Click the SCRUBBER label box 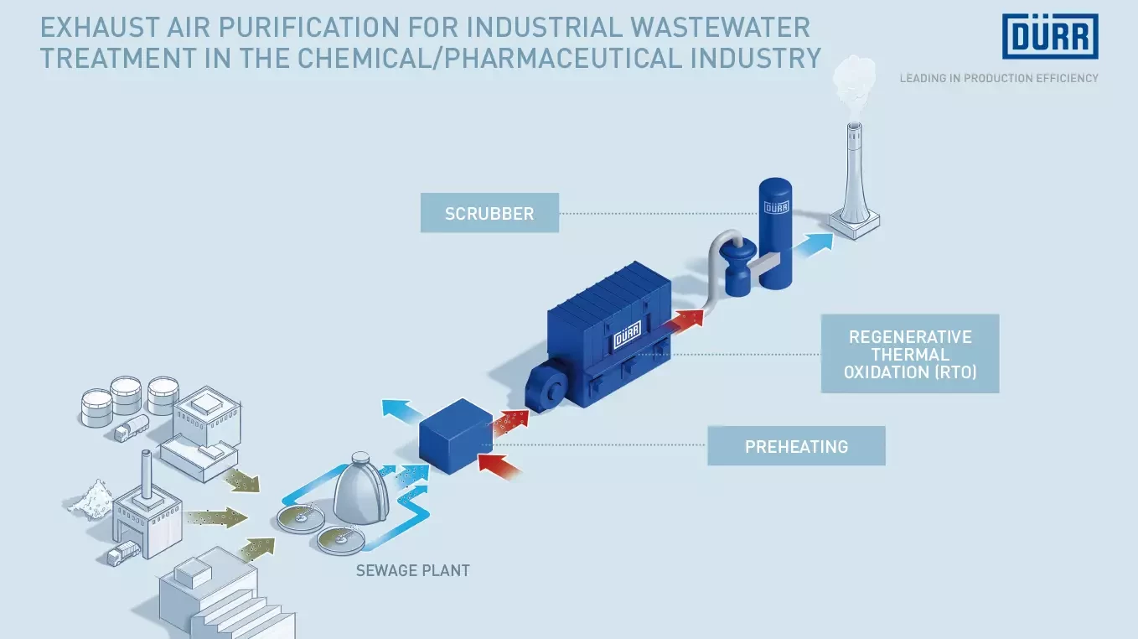489,213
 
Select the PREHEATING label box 796,446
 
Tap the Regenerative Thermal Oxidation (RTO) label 910,354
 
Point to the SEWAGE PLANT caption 412,571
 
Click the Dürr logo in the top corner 1050,37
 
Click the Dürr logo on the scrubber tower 776,207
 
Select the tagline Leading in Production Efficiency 999,78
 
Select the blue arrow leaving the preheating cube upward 401,410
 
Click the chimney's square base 854,221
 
